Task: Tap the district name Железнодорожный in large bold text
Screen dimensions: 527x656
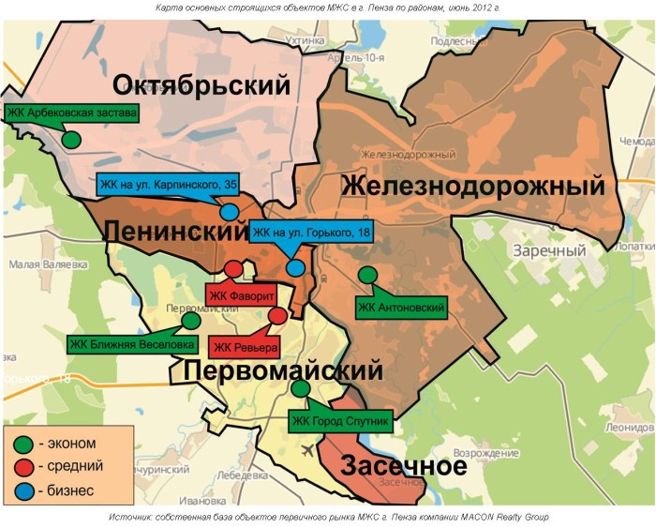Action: tap(472, 187)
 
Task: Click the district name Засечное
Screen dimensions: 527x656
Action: tap(402, 466)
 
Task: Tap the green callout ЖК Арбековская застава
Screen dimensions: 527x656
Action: tap(72, 114)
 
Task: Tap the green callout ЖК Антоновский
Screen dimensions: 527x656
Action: tap(401, 307)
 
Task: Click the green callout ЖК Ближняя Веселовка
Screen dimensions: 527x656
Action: tap(132, 343)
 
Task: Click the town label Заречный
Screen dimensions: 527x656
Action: tap(548, 251)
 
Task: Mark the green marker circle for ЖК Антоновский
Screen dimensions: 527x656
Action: tap(368, 275)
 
